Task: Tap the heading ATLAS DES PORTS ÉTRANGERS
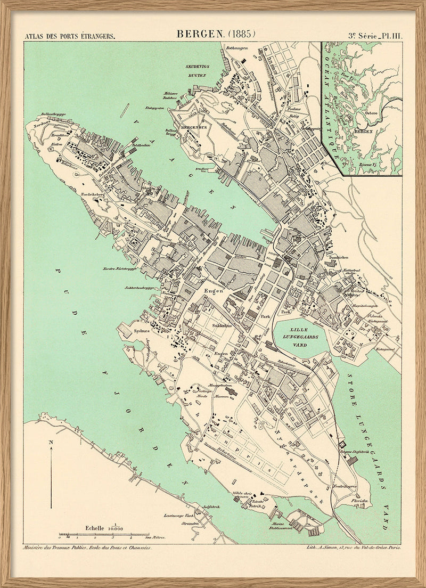pos(70,36)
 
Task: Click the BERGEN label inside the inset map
pos(363,129)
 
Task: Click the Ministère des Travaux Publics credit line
pos(87,547)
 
